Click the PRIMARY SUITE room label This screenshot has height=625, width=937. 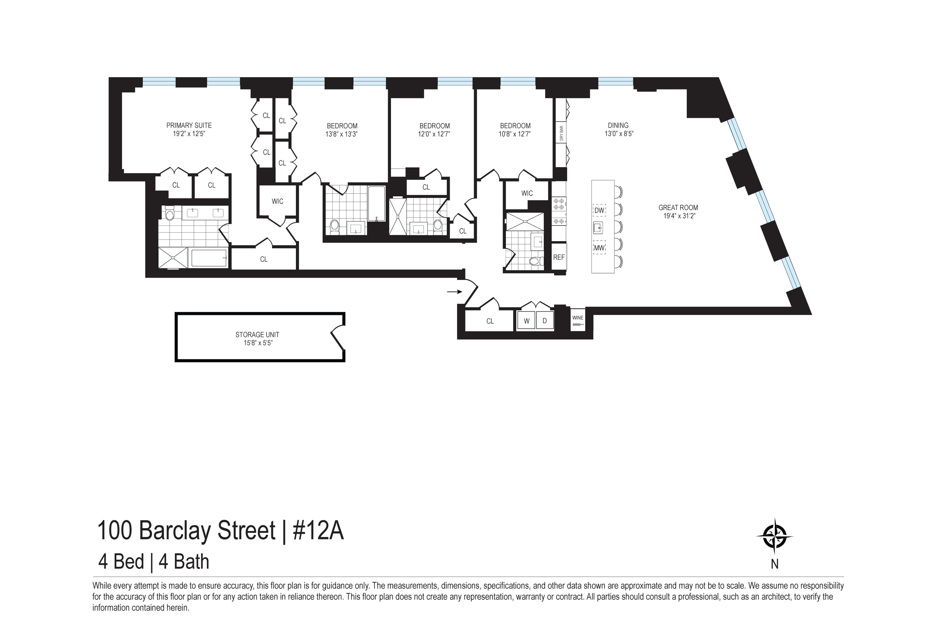(189, 125)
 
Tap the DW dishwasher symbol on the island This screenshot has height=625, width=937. (599, 210)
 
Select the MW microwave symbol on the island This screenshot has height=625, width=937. (599, 248)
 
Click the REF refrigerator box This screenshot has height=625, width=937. (559, 258)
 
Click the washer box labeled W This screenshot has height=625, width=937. (526, 321)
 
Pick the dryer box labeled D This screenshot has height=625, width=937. (545, 321)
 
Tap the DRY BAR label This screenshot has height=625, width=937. (561, 133)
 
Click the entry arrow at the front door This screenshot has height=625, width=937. (454, 292)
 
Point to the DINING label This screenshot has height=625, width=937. (618, 125)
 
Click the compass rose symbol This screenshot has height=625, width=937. (775, 536)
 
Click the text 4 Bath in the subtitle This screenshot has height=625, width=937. (184, 562)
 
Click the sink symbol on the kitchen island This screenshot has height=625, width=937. (598, 228)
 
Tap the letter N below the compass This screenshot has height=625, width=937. (775, 564)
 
